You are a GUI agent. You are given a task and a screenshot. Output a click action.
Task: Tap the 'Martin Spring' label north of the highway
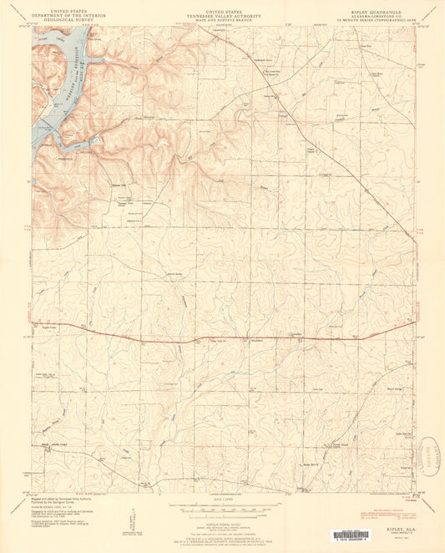177,273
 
